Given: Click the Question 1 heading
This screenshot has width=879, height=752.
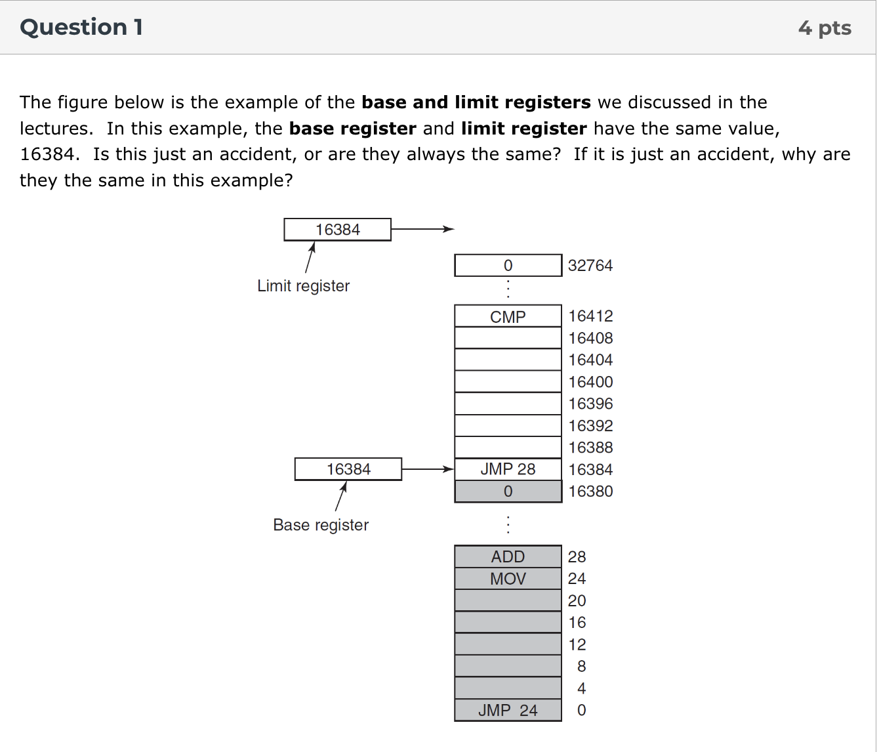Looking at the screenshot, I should [x=81, y=27].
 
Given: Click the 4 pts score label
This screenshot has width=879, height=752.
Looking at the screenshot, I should [x=825, y=28].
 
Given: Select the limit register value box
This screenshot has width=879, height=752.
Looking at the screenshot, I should [x=337, y=230].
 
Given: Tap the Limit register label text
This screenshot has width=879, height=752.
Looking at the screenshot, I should [x=303, y=285].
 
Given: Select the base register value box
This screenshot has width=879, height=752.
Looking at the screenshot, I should [x=348, y=469].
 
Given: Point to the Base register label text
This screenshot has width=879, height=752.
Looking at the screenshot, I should [x=321, y=525].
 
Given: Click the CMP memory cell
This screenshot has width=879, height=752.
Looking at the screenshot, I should [x=508, y=316].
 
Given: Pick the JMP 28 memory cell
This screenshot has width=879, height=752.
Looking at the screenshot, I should [x=508, y=469].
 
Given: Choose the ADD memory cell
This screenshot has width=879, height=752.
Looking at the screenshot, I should [x=508, y=556].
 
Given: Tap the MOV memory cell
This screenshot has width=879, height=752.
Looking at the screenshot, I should [x=508, y=579].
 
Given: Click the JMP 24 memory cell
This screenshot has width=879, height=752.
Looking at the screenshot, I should [x=508, y=710].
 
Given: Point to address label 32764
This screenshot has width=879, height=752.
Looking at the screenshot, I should [x=590, y=266].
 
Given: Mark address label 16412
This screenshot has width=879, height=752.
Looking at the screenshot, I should [x=590, y=316].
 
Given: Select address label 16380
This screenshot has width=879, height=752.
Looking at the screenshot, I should [x=590, y=491].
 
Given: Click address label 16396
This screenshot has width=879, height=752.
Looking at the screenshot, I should [x=590, y=404].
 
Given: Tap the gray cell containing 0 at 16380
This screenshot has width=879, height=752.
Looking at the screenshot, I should [x=508, y=491].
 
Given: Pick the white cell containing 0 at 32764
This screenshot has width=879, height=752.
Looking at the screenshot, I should [x=508, y=266].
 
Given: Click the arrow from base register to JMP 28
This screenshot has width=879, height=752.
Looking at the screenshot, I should [x=427, y=469].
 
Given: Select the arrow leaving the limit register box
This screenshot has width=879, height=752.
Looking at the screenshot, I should [x=422, y=229].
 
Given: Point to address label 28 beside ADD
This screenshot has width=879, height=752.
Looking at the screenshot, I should [x=577, y=556].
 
